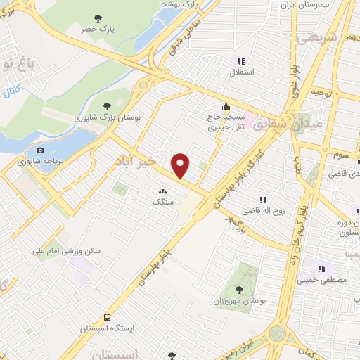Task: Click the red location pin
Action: click(181, 165)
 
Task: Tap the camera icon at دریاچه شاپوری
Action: click(40, 150)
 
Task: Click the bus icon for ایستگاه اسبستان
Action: click(107, 317)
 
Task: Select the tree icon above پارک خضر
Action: click(98, 18)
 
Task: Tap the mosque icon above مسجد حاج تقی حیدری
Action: click(224, 106)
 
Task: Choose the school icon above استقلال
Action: click(241, 60)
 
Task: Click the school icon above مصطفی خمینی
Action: click(322, 268)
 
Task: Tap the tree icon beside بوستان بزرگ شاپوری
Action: click(106, 105)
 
